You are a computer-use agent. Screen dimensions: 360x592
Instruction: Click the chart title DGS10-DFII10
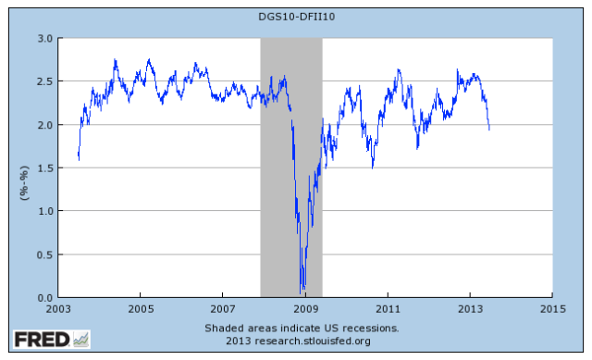(x=296, y=16)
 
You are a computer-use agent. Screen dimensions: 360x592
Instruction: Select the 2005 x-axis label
(x=141, y=308)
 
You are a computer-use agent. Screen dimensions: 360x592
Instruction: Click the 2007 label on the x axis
(x=223, y=308)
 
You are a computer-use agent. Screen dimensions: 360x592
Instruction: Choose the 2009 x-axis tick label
(x=305, y=308)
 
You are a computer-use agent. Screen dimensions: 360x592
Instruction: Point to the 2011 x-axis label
(x=388, y=308)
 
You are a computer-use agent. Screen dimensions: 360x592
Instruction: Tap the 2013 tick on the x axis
(x=470, y=308)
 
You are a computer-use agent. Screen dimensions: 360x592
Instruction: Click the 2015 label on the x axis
(x=552, y=308)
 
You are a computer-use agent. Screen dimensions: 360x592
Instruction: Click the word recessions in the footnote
(x=370, y=328)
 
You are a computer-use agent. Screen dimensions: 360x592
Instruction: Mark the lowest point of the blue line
(x=302, y=291)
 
